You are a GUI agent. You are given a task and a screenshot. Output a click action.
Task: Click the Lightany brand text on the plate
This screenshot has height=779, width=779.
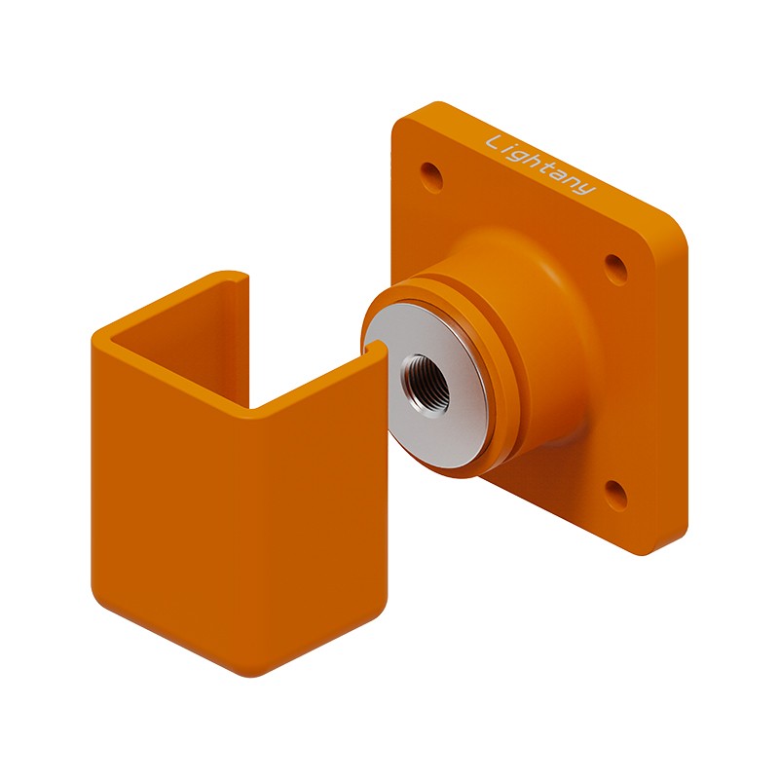(540, 164)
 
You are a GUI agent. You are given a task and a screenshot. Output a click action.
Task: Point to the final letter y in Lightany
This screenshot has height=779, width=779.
(587, 187)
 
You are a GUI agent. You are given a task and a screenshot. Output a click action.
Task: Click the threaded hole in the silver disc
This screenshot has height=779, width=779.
(427, 380)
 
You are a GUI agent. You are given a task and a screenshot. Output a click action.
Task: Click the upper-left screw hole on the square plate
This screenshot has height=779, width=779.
(431, 176)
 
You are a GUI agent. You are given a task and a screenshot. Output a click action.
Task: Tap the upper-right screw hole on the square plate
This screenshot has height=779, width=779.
(616, 270)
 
